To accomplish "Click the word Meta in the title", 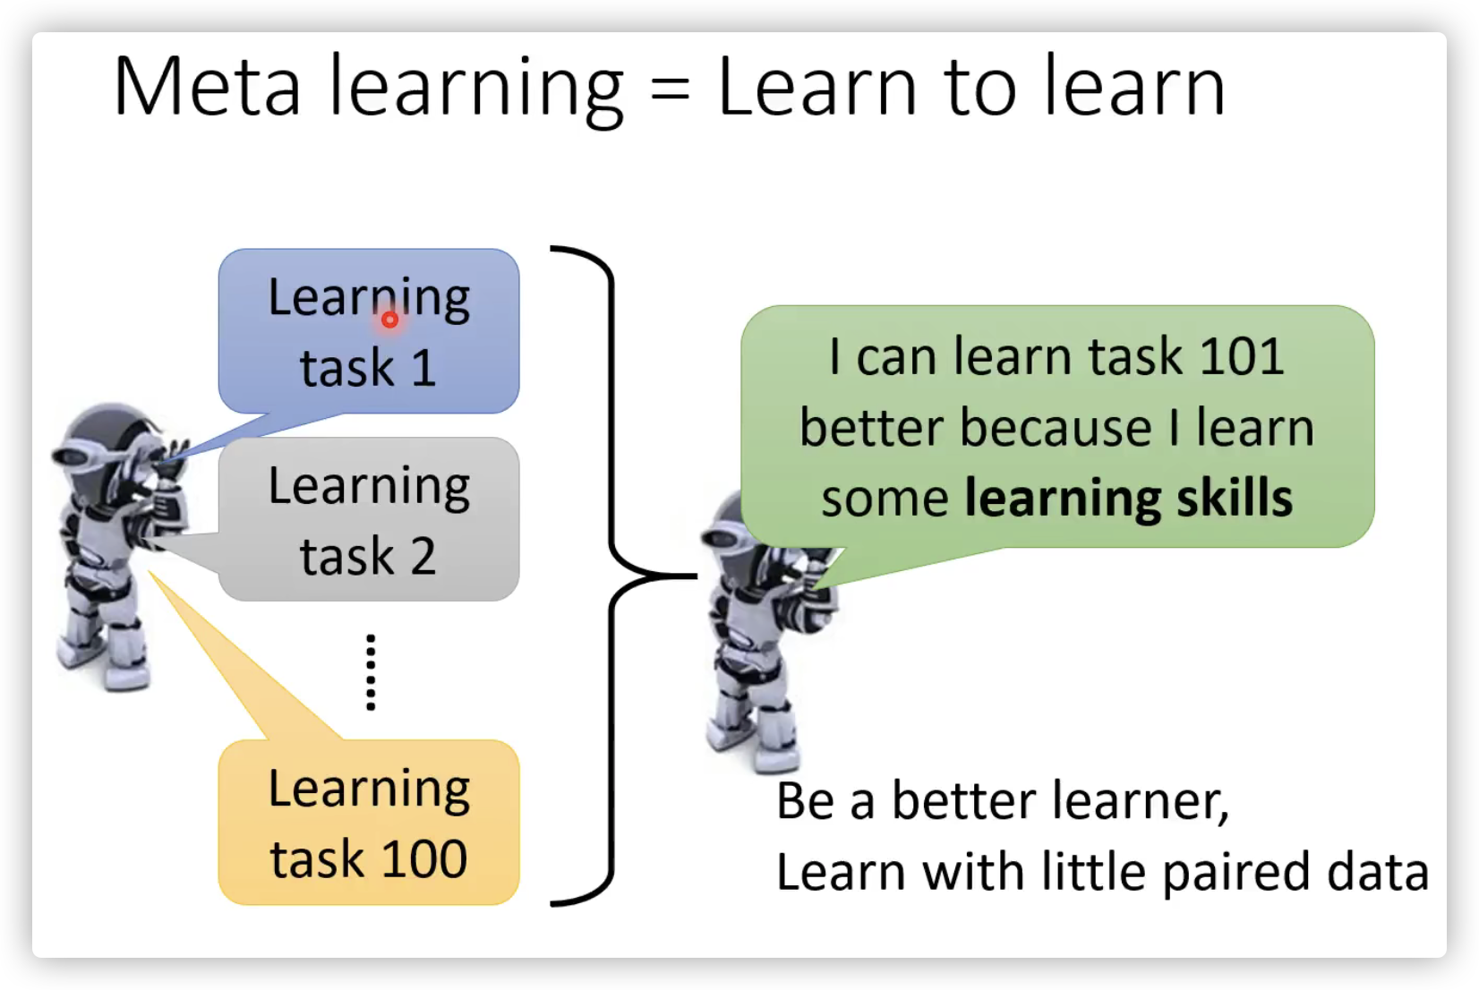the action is pyautogui.click(x=208, y=87).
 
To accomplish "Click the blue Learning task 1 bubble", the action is pyautogui.click(x=369, y=331).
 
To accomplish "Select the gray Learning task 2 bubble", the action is pyautogui.click(x=369, y=519).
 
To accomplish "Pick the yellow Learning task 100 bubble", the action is pyautogui.click(x=369, y=823).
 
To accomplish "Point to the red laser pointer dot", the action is pyautogui.click(x=389, y=320).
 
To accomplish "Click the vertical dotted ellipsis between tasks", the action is pyautogui.click(x=371, y=672).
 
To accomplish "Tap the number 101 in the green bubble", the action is pyautogui.click(x=1241, y=357).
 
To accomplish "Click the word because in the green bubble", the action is pyautogui.click(x=1056, y=428).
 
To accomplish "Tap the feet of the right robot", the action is pyautogui.click(x=753, y=746).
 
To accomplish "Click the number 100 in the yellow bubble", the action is pyautogui.click(x=423, y=859).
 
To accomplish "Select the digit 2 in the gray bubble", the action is pyautogui.click(x=423, y=557).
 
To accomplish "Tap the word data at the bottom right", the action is pyautogui.click(x=1377, y=871).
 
